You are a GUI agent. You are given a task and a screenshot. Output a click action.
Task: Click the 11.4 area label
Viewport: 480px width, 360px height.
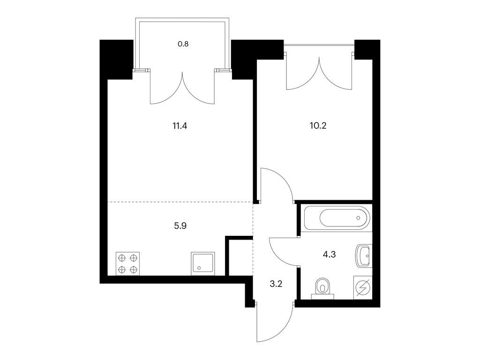point(180,126)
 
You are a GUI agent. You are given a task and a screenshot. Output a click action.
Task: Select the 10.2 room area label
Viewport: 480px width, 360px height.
point(318,126)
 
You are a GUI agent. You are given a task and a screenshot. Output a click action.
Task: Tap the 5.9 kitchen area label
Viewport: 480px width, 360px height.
point(180,226)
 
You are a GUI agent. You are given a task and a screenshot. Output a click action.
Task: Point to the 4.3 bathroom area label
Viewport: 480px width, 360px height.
point(330,255)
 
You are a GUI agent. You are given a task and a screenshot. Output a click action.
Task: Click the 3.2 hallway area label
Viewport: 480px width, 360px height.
point(276,284)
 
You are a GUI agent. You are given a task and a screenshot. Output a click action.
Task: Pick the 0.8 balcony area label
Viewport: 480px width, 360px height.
point(183,44)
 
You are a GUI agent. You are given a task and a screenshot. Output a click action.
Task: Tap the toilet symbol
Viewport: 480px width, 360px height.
point(322,288)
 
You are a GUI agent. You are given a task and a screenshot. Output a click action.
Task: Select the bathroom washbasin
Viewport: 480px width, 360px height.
point(364,255)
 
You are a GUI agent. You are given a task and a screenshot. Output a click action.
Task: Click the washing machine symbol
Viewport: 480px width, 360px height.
point(363,287)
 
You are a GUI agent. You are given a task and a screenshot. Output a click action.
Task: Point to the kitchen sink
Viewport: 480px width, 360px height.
point(202,263)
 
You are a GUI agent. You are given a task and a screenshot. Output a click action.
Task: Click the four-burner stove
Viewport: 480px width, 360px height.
point(127,263)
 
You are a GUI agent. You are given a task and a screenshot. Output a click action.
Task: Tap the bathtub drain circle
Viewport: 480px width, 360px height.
point(359,218)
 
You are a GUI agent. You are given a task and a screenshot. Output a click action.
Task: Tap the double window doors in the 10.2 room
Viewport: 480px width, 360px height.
point(319,75)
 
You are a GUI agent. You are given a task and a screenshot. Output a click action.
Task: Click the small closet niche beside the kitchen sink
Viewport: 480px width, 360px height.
point(241,257)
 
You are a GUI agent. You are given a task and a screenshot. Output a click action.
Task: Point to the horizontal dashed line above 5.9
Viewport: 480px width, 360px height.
point(180,202)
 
